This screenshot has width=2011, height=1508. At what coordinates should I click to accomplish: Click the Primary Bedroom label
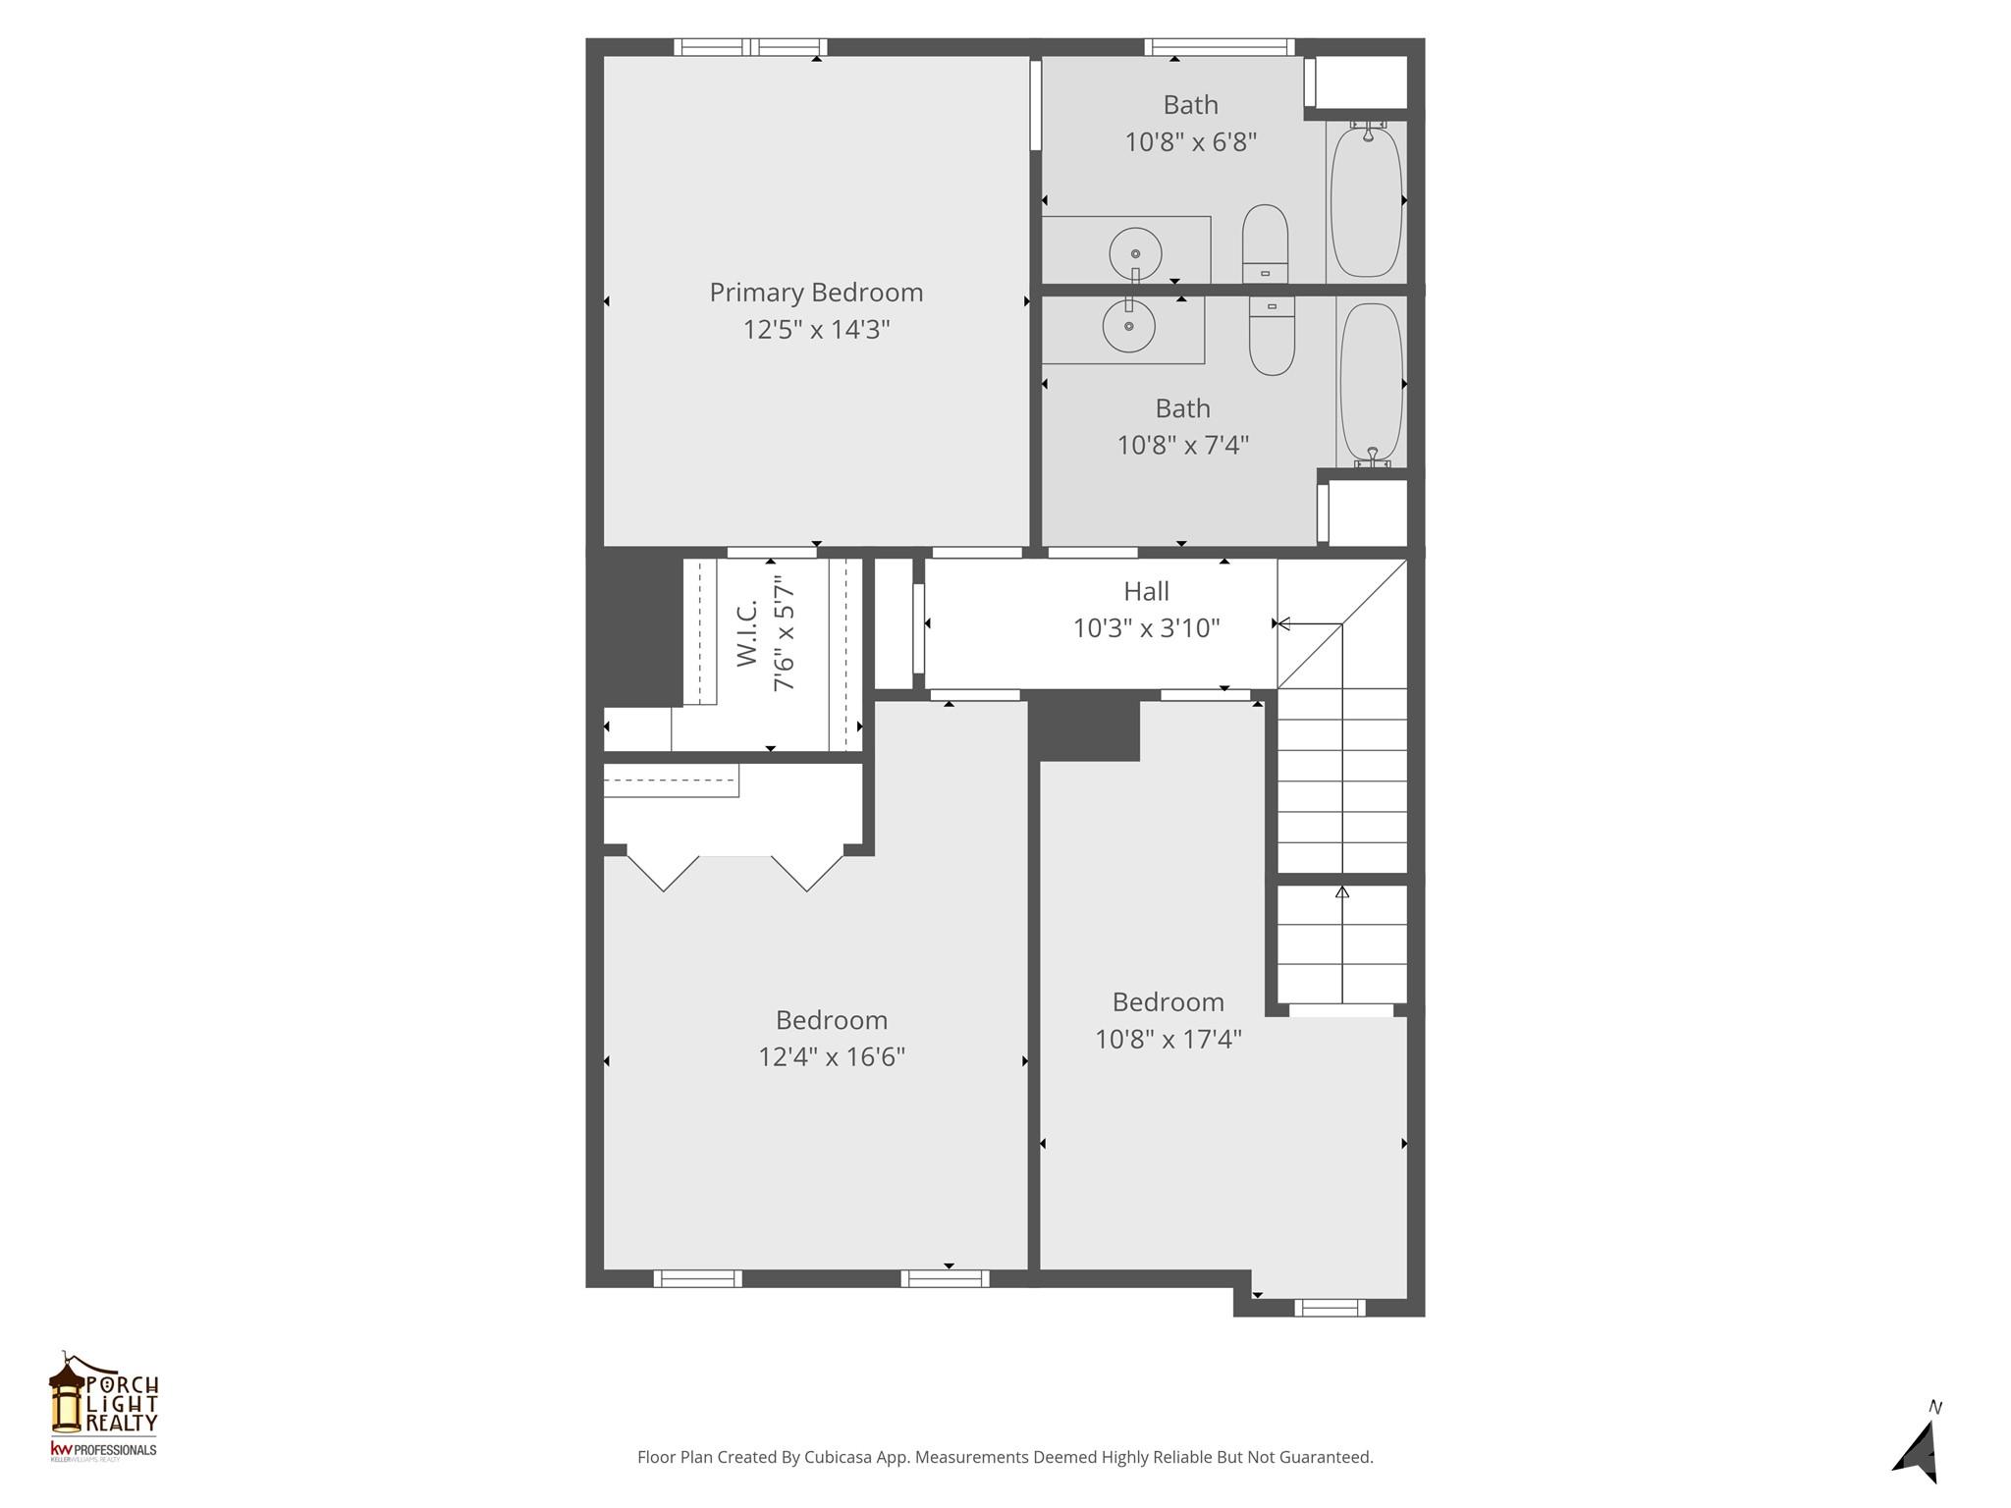click(x=816, y=293)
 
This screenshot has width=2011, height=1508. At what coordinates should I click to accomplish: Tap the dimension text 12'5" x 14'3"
click(x=816, y=330)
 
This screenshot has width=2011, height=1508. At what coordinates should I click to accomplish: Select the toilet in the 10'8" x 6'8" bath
click(x=1265, y=243)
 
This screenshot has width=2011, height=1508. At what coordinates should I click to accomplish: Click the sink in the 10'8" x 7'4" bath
click(x=1128, y=325)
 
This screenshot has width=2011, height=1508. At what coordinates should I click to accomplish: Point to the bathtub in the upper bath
click(x=1366, y=200)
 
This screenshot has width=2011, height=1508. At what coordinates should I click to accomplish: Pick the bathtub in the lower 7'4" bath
click(x=1371, y=383)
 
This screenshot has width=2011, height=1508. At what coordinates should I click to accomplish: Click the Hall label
click(x=1146, y=591)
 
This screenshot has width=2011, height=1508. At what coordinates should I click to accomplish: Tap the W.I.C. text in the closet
click(x=747, y=634)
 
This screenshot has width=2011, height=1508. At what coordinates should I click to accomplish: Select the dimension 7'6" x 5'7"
click(x=784, y=634)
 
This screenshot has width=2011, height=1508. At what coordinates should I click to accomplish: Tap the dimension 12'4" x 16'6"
click(x=831, y=1057)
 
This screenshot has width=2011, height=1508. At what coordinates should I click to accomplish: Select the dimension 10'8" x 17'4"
click(x=1169, y=1039)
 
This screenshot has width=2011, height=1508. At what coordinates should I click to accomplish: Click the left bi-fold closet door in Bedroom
click(x=664, y=873)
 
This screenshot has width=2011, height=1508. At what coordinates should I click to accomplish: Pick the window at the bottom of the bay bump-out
click(x=1329, y=1307)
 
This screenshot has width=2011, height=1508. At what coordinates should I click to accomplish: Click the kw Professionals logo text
click(x=103, y=1450)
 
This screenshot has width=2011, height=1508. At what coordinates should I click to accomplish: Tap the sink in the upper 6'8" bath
click(x=1135, y=254)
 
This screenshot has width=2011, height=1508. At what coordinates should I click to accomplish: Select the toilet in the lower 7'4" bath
click(x=1272, y=336)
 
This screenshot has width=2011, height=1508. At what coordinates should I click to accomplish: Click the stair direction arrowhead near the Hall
click(x=1280, y=623)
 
